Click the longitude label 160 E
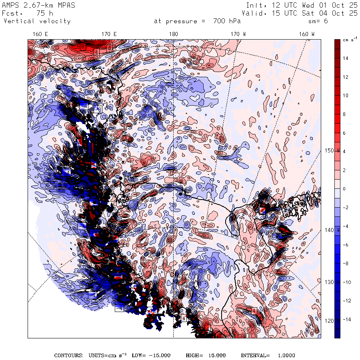coord(40,34)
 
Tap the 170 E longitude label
coord(109,34)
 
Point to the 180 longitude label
coord(173,34)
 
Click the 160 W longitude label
coord(307,34)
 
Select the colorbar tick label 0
coord(344,189)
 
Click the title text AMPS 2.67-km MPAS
coord(38,5)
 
